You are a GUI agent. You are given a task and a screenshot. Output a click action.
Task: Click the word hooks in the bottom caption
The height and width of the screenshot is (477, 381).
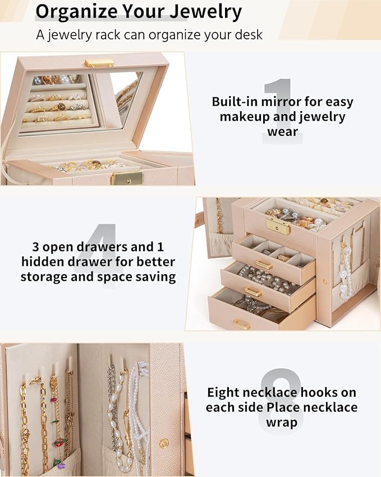302,392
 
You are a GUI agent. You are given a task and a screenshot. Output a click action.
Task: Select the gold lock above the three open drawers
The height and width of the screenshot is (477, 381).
278,226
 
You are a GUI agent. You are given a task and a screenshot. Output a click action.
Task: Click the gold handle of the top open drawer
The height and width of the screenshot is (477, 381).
263,264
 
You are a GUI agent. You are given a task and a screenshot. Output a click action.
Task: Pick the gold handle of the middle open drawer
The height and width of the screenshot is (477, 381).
253,292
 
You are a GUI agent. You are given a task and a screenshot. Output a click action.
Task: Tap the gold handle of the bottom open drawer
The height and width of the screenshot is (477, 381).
242,324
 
